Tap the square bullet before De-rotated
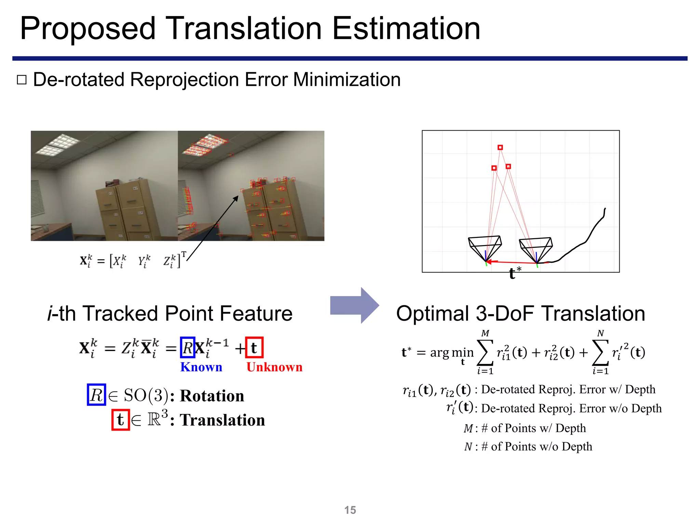pyautogui.click(x=22, y=80)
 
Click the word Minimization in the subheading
pyautogui.click(x=347, y=80)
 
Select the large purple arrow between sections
pyautogui.click(x=354, y=305)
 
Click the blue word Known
pyautogui.click(x=201, y=367)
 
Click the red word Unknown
pyautogui.click(x=274, y=367)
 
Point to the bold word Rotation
pyautogui.click(x=212, y=396)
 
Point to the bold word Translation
pyautogui.click(x=222, y=420)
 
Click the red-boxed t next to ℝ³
pyautogui.click(x=120, y=420)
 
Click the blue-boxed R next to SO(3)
pyautogui.click(x=96, y=395)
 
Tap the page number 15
pyautogui.click(x=350, y=510)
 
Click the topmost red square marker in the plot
pyautogui.click(x=500, y=147)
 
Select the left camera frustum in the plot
pyautogui.click(x=485, y=247)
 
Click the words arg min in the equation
pyautogui.click(x=452, y=352)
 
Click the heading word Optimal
pyautogui.click(x=432, y=313)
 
